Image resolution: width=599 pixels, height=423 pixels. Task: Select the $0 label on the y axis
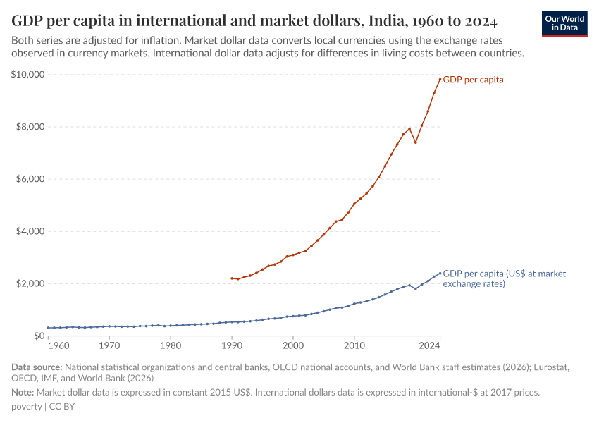pos(38,336)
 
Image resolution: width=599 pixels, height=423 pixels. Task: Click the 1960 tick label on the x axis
pos(58,346)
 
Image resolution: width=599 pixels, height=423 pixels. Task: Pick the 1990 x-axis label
pos(232,346)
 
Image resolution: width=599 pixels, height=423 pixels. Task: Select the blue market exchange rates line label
pos(504,278)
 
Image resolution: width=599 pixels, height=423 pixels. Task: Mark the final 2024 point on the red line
pos(440,79)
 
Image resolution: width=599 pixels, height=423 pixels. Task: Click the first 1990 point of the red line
pos(232,278)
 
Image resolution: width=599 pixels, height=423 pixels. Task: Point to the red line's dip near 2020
pos(416,142)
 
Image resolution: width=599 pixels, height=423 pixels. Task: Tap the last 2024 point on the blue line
pos(440,273)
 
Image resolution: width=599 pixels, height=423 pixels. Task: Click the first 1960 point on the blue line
pos(48,328)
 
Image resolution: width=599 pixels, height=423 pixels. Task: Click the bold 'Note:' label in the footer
pos(24,391)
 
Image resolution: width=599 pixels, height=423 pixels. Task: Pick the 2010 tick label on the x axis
pos(354,346)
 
